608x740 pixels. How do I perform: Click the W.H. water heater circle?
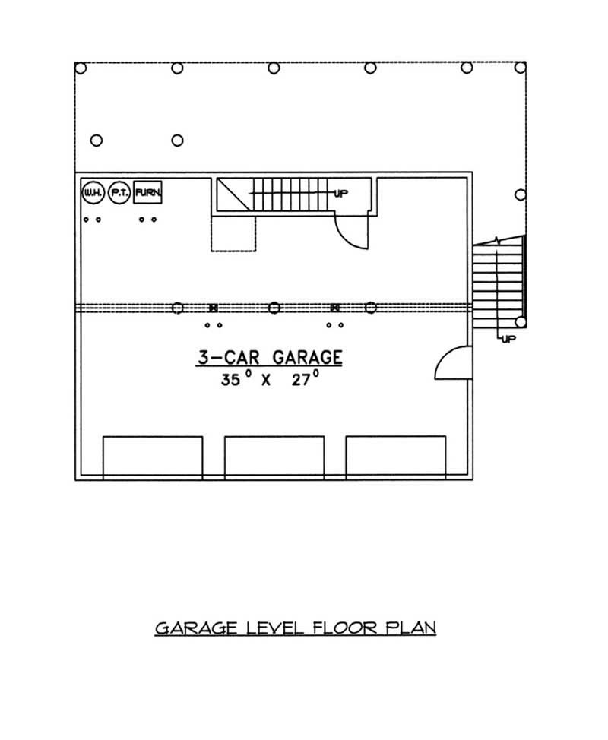(93, 193)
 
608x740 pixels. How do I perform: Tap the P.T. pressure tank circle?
(119, 193)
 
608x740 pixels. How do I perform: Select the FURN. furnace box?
(148, 193)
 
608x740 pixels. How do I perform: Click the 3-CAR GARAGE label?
(266, 357)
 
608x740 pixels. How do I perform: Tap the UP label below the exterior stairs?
(508, 339)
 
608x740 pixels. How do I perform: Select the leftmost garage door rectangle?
(153, 457)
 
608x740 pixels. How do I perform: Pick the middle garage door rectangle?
(274, 457)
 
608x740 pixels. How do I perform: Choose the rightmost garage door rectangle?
(396, 457)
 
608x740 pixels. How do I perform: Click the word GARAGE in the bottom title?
(196, 628)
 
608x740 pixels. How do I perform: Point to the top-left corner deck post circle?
(81, 68)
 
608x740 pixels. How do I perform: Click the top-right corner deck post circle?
(521, 68)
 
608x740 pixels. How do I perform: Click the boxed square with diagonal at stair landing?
(233, 194)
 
